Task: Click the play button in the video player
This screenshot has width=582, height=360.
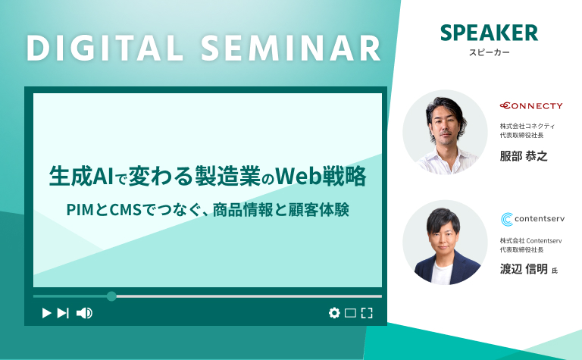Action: click(x=46, y=313)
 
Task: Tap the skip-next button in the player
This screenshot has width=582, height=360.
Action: click(x=63, y=313)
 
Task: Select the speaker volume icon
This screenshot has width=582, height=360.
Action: click(x=84, y=313)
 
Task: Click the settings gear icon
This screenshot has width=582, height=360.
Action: click(x=334, y=313)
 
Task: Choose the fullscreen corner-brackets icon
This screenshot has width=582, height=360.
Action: click(x=367, y=313)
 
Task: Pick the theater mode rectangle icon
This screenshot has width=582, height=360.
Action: click(x=350, y=313)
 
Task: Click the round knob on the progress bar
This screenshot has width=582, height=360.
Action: click(x=111, y=296)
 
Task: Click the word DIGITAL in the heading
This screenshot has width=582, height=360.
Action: click(x=105, y=49)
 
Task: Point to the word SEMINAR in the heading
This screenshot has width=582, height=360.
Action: click(x=291, y=49)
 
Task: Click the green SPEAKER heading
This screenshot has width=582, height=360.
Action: click(x=489, y=33)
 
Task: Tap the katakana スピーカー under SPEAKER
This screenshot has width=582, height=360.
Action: click(x=490, y=53)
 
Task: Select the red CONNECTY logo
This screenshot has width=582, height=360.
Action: click(x=531, y=106)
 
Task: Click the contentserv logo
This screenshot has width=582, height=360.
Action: click(x=533, y=219)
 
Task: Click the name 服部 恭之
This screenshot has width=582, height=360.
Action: click(x=524, y=156)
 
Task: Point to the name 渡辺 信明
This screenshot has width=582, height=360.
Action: click(x=524, y=269)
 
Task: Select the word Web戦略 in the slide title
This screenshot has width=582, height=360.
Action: click(x=321, y=177)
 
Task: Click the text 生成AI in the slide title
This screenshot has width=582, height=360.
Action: click(x=81, y=177)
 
